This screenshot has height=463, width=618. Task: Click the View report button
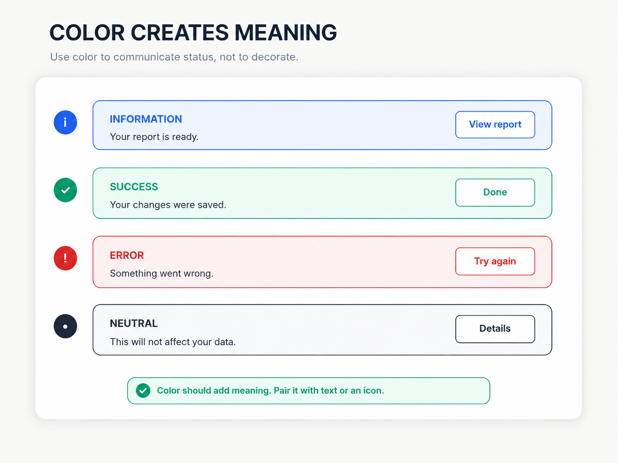pos(495,124)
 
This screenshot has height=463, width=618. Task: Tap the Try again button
pos(495,261)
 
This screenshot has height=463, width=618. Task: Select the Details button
pos(495,329)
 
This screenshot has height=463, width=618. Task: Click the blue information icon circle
pos(65,122)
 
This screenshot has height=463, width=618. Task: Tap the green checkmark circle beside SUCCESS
pos(65,190)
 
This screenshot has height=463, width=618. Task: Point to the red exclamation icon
pos(65,258)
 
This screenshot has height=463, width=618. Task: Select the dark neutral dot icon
pos(65,326)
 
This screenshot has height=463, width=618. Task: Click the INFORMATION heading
pos(146,119)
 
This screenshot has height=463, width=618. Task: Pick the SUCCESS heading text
pos(134,187)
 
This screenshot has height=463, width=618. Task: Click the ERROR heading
pos(127,255)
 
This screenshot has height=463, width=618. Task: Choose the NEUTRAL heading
pos(134,323)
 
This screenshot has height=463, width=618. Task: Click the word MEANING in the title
pos(286,32)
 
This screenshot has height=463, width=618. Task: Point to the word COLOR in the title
pos(87,32)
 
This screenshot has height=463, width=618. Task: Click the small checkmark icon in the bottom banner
pos(143,391)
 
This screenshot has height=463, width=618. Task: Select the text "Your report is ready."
pos(154,137)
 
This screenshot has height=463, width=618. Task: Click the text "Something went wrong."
pos(162,274)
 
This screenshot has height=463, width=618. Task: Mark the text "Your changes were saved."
pos(168,205)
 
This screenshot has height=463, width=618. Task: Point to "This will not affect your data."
pos(173,342)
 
